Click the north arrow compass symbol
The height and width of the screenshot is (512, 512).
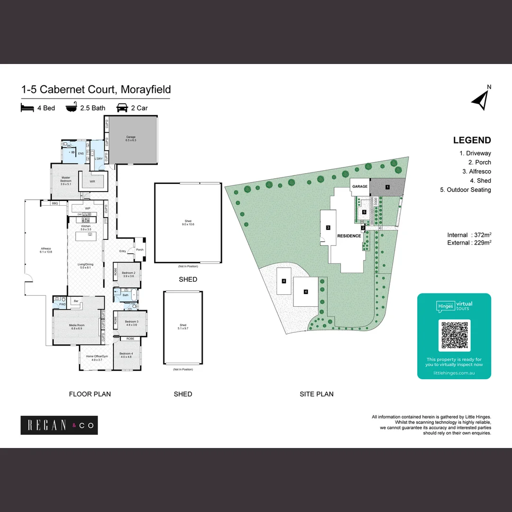(481, 99)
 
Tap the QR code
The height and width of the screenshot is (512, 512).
(454, 335)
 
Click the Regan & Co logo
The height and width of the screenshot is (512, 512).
(59, 425)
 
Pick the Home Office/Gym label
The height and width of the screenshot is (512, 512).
(94, 358)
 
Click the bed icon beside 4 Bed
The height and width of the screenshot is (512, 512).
(27, 108)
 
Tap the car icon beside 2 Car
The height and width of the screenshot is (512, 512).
(122, 108)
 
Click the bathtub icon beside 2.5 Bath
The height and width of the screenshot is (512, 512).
(72, 108)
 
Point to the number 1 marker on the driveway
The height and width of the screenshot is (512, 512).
(387, 187)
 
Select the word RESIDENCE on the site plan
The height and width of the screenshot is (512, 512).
(349, 236)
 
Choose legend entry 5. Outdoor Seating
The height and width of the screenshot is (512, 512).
(466, 190)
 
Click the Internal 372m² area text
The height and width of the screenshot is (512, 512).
(469, 235)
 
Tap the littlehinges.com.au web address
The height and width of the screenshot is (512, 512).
(454, 373)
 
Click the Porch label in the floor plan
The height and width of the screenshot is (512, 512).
(140, 250)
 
